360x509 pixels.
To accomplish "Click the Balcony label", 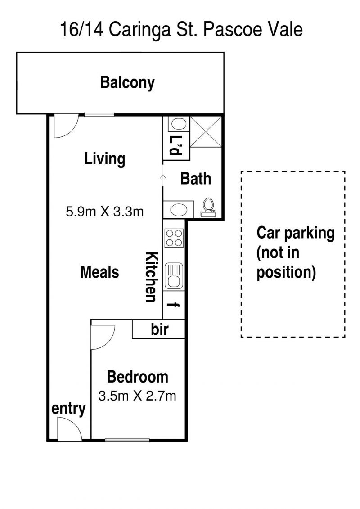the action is click(127, 82).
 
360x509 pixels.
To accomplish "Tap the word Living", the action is click(105, 159).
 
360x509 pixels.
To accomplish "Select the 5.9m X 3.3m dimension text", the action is click(104, 212).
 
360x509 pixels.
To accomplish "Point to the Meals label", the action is click(99, 272).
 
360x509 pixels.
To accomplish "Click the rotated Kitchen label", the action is click(152, 277).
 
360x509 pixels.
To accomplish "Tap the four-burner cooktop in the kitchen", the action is click(174, 238).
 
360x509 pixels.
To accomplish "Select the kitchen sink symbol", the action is click(174, 276).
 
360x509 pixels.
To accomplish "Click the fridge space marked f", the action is click(174, 305).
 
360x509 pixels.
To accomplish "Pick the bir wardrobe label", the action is click(160, 329).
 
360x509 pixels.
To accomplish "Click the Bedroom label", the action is click(138, 377).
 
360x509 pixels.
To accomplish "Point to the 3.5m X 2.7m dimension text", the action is click(137, 396).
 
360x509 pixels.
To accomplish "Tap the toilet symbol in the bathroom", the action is click(208, 208).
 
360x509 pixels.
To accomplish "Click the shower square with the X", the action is click(206, 131).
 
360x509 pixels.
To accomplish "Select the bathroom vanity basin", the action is click(179, 210).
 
